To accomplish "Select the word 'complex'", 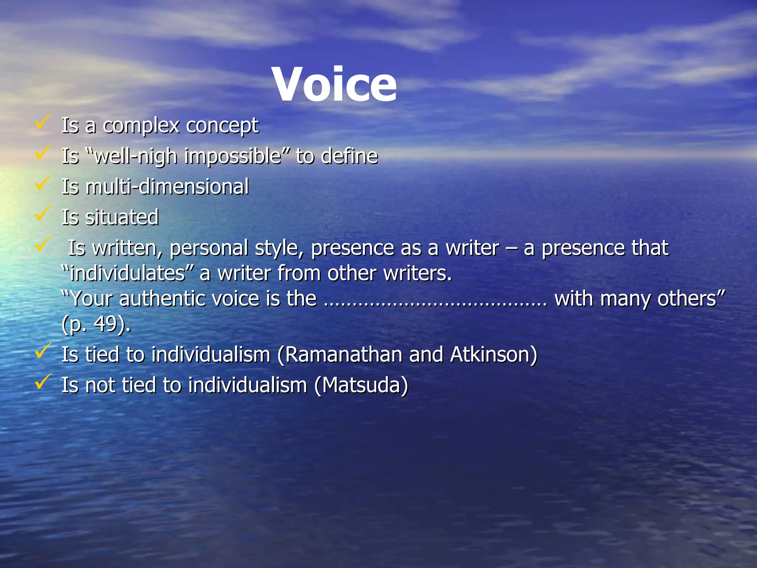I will tap(141, 126).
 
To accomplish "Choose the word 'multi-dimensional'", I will tap(167, 186).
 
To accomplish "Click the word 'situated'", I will tap(122, 217).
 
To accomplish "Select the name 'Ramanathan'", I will tap(344, 355).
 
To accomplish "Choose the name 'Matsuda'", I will tap(361, 385).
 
